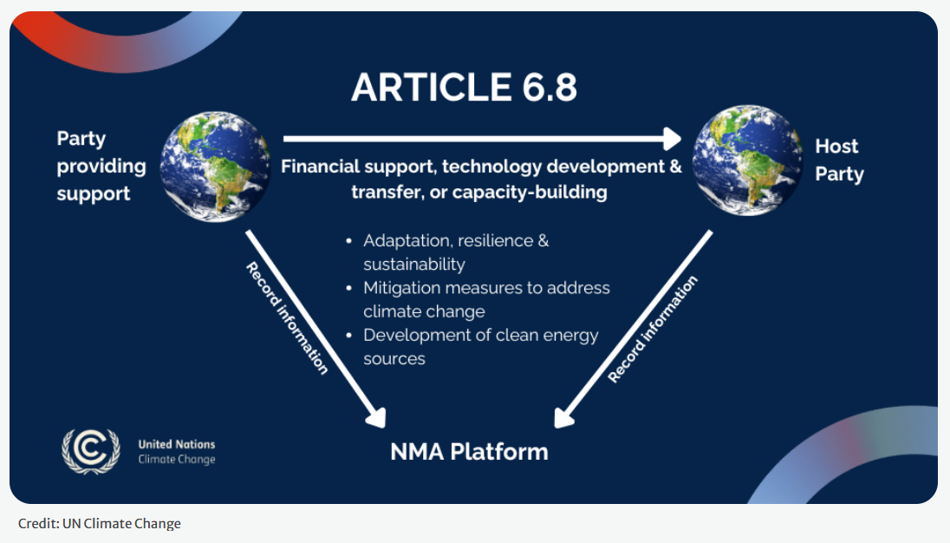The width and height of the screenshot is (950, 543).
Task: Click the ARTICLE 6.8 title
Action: [464, 87]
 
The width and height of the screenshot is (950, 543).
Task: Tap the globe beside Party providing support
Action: [215, 167]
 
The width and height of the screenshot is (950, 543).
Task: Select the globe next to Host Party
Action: [748, 160]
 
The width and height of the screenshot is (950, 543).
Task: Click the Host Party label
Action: [839, 160]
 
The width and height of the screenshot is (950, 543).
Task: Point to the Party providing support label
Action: [101, 166]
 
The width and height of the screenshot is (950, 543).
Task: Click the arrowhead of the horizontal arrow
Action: [673, 139]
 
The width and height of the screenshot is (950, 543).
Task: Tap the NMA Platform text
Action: [469, 452]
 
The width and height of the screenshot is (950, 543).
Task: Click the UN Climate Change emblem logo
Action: [91, 452]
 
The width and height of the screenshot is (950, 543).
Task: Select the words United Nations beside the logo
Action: [176, 444]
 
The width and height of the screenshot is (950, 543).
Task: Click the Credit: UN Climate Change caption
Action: [100, 523]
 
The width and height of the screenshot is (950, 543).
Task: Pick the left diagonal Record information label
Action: [287, 318]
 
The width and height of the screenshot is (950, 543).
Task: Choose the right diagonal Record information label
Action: [653, 329]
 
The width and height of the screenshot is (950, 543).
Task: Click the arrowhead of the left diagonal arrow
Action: [377, 418]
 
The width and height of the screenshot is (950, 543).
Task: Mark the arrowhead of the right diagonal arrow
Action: [563, 418]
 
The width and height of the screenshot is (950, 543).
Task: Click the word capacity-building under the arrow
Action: [530, 192]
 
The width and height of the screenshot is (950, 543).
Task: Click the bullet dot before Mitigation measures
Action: [349, 289]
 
